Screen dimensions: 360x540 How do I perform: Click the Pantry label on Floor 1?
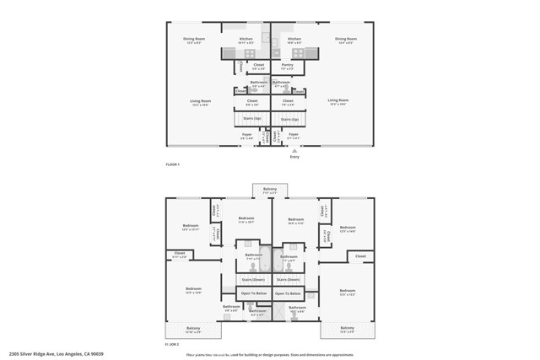click(288, 66)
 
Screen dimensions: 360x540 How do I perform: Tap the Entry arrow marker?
click(294, 150)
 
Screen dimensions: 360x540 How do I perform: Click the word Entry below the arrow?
click(294, 156)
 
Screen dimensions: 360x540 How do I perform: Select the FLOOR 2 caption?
click(173, 344)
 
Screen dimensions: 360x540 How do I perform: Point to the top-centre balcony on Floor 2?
click(270, 190)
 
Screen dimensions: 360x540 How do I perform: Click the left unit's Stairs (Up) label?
click(251, 119)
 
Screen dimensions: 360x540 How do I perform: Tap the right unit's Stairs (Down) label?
click(289, 279)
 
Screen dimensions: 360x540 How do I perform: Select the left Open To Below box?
click(254, 293)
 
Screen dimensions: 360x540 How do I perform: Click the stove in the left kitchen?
click(250, 53)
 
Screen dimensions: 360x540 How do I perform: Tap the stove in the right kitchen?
click(289, 53)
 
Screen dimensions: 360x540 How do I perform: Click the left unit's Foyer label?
click(247, 135)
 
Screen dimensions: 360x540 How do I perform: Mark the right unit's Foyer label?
click(293, 135)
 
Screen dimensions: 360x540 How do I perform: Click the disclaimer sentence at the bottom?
click(270, 355)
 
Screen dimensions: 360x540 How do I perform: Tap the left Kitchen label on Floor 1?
click(246, 39)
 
